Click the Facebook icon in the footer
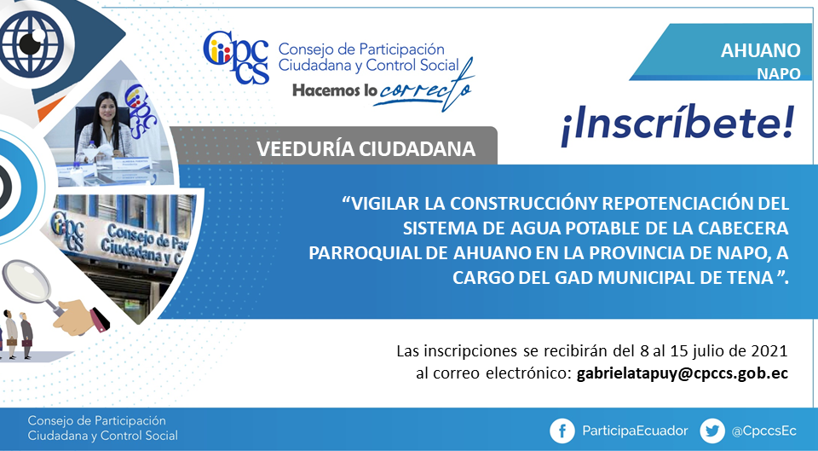tap(562, 431)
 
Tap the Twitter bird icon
tap(712, 431)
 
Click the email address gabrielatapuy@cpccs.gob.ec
tap(682, 373)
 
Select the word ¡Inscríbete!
tap(677, 126)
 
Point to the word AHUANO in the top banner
tap(760, 50)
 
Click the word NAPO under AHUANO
tap(778, 73)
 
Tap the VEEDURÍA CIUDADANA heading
tap(366, 148)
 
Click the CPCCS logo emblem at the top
tap(236, 58)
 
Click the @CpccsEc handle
tap(763, 431)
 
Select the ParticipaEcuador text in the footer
tap(635, 431)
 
